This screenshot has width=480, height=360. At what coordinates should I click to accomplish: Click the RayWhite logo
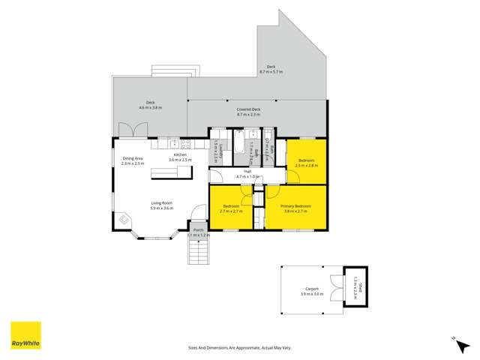(x=25, y=335)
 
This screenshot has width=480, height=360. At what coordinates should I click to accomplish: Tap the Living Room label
(x=162, y=202)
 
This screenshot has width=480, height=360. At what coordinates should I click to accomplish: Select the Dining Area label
(x=133, y=158)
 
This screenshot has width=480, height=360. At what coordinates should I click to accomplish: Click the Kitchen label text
(x=180, y=154)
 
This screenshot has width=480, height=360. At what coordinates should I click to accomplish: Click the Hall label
(x=247, y=171)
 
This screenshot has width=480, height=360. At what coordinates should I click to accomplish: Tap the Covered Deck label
(x=248, y=109)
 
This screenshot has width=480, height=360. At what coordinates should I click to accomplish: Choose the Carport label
(x=312, y=289)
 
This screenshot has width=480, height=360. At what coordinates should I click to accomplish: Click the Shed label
(x=359, y=287)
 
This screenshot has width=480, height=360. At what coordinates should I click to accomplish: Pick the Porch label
(x=198, y=230)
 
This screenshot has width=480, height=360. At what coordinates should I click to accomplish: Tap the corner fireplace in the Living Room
(x=124, y=220)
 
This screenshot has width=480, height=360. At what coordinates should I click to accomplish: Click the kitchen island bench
(x=172, y=172)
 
